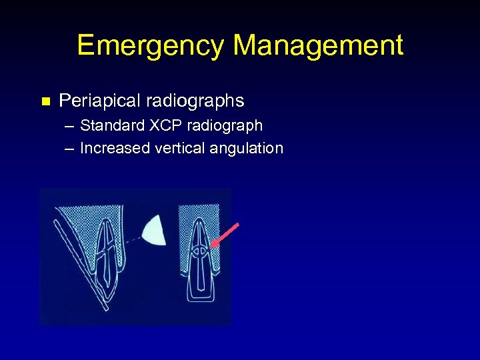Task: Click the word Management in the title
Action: [x=319, y=46]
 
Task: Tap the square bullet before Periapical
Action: [x=45, y=102]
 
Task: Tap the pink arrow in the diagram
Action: [x=225, y=235]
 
